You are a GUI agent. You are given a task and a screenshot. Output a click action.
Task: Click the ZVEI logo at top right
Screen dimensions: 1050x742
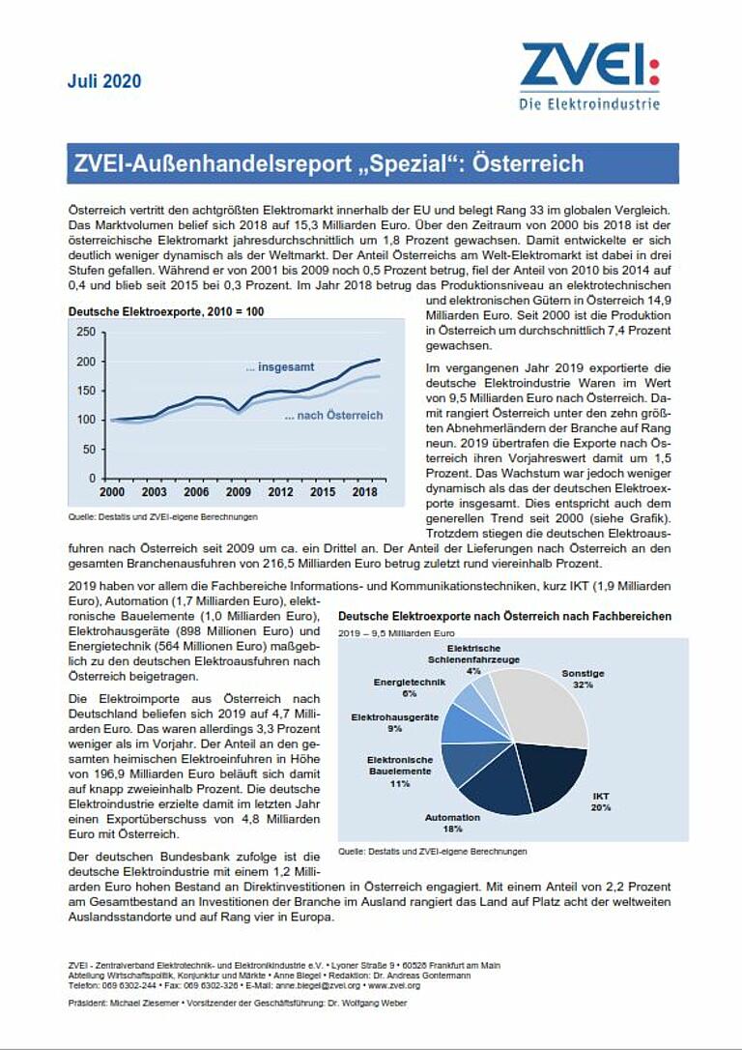pos(589,75)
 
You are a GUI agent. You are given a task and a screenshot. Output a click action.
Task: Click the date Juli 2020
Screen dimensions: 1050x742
pos(104,81)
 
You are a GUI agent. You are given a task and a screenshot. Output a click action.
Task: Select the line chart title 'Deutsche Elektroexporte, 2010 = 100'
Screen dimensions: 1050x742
pos(165,312)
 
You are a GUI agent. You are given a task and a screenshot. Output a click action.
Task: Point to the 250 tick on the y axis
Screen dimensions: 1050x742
pos(85,333)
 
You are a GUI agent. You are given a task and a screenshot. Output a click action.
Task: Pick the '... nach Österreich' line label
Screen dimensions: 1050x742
pos(333,416)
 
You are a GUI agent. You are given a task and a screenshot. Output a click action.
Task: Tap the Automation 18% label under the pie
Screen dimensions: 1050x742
pos(452,823)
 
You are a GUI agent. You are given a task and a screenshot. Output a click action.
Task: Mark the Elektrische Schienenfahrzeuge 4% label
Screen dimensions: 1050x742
pos(472,658)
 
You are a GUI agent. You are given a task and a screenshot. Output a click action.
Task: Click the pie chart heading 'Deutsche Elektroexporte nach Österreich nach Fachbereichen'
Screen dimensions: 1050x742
pos(504,616)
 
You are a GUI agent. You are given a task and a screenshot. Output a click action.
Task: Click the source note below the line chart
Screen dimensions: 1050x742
pos(162,517)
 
